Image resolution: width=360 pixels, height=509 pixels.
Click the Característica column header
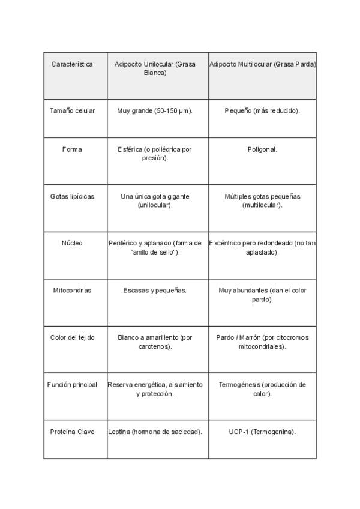(x=72, y=64)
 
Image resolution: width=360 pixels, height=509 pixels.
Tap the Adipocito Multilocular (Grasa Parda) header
(x=263, y=64)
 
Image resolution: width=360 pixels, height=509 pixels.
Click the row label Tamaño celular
(x=72, y=111)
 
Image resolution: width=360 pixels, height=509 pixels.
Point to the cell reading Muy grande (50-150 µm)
(x=155, y=111)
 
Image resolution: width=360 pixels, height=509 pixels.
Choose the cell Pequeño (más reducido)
(x=262, y=111)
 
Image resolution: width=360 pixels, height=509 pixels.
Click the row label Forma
(x=72, y=149)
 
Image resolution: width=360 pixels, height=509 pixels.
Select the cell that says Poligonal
(x=262, y=149)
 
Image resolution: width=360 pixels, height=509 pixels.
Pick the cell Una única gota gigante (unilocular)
(x=155, y=200)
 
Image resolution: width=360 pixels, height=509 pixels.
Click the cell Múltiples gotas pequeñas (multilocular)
(x=262, y=200)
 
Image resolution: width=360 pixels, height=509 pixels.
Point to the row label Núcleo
(x=72, y=243)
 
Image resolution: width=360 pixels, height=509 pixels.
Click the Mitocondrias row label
(x=72, y=291)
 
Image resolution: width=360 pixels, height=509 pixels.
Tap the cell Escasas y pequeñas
(x=155, y=291)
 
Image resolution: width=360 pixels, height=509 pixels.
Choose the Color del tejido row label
(x=72, y=337)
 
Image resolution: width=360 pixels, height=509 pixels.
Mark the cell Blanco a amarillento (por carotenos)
(x=155, y=342)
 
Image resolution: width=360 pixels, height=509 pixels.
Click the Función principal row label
(x=72, y=384)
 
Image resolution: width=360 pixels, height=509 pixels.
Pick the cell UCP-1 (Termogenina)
(x=262, y=432)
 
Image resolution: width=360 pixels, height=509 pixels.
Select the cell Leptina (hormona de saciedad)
(x=155, y=432)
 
